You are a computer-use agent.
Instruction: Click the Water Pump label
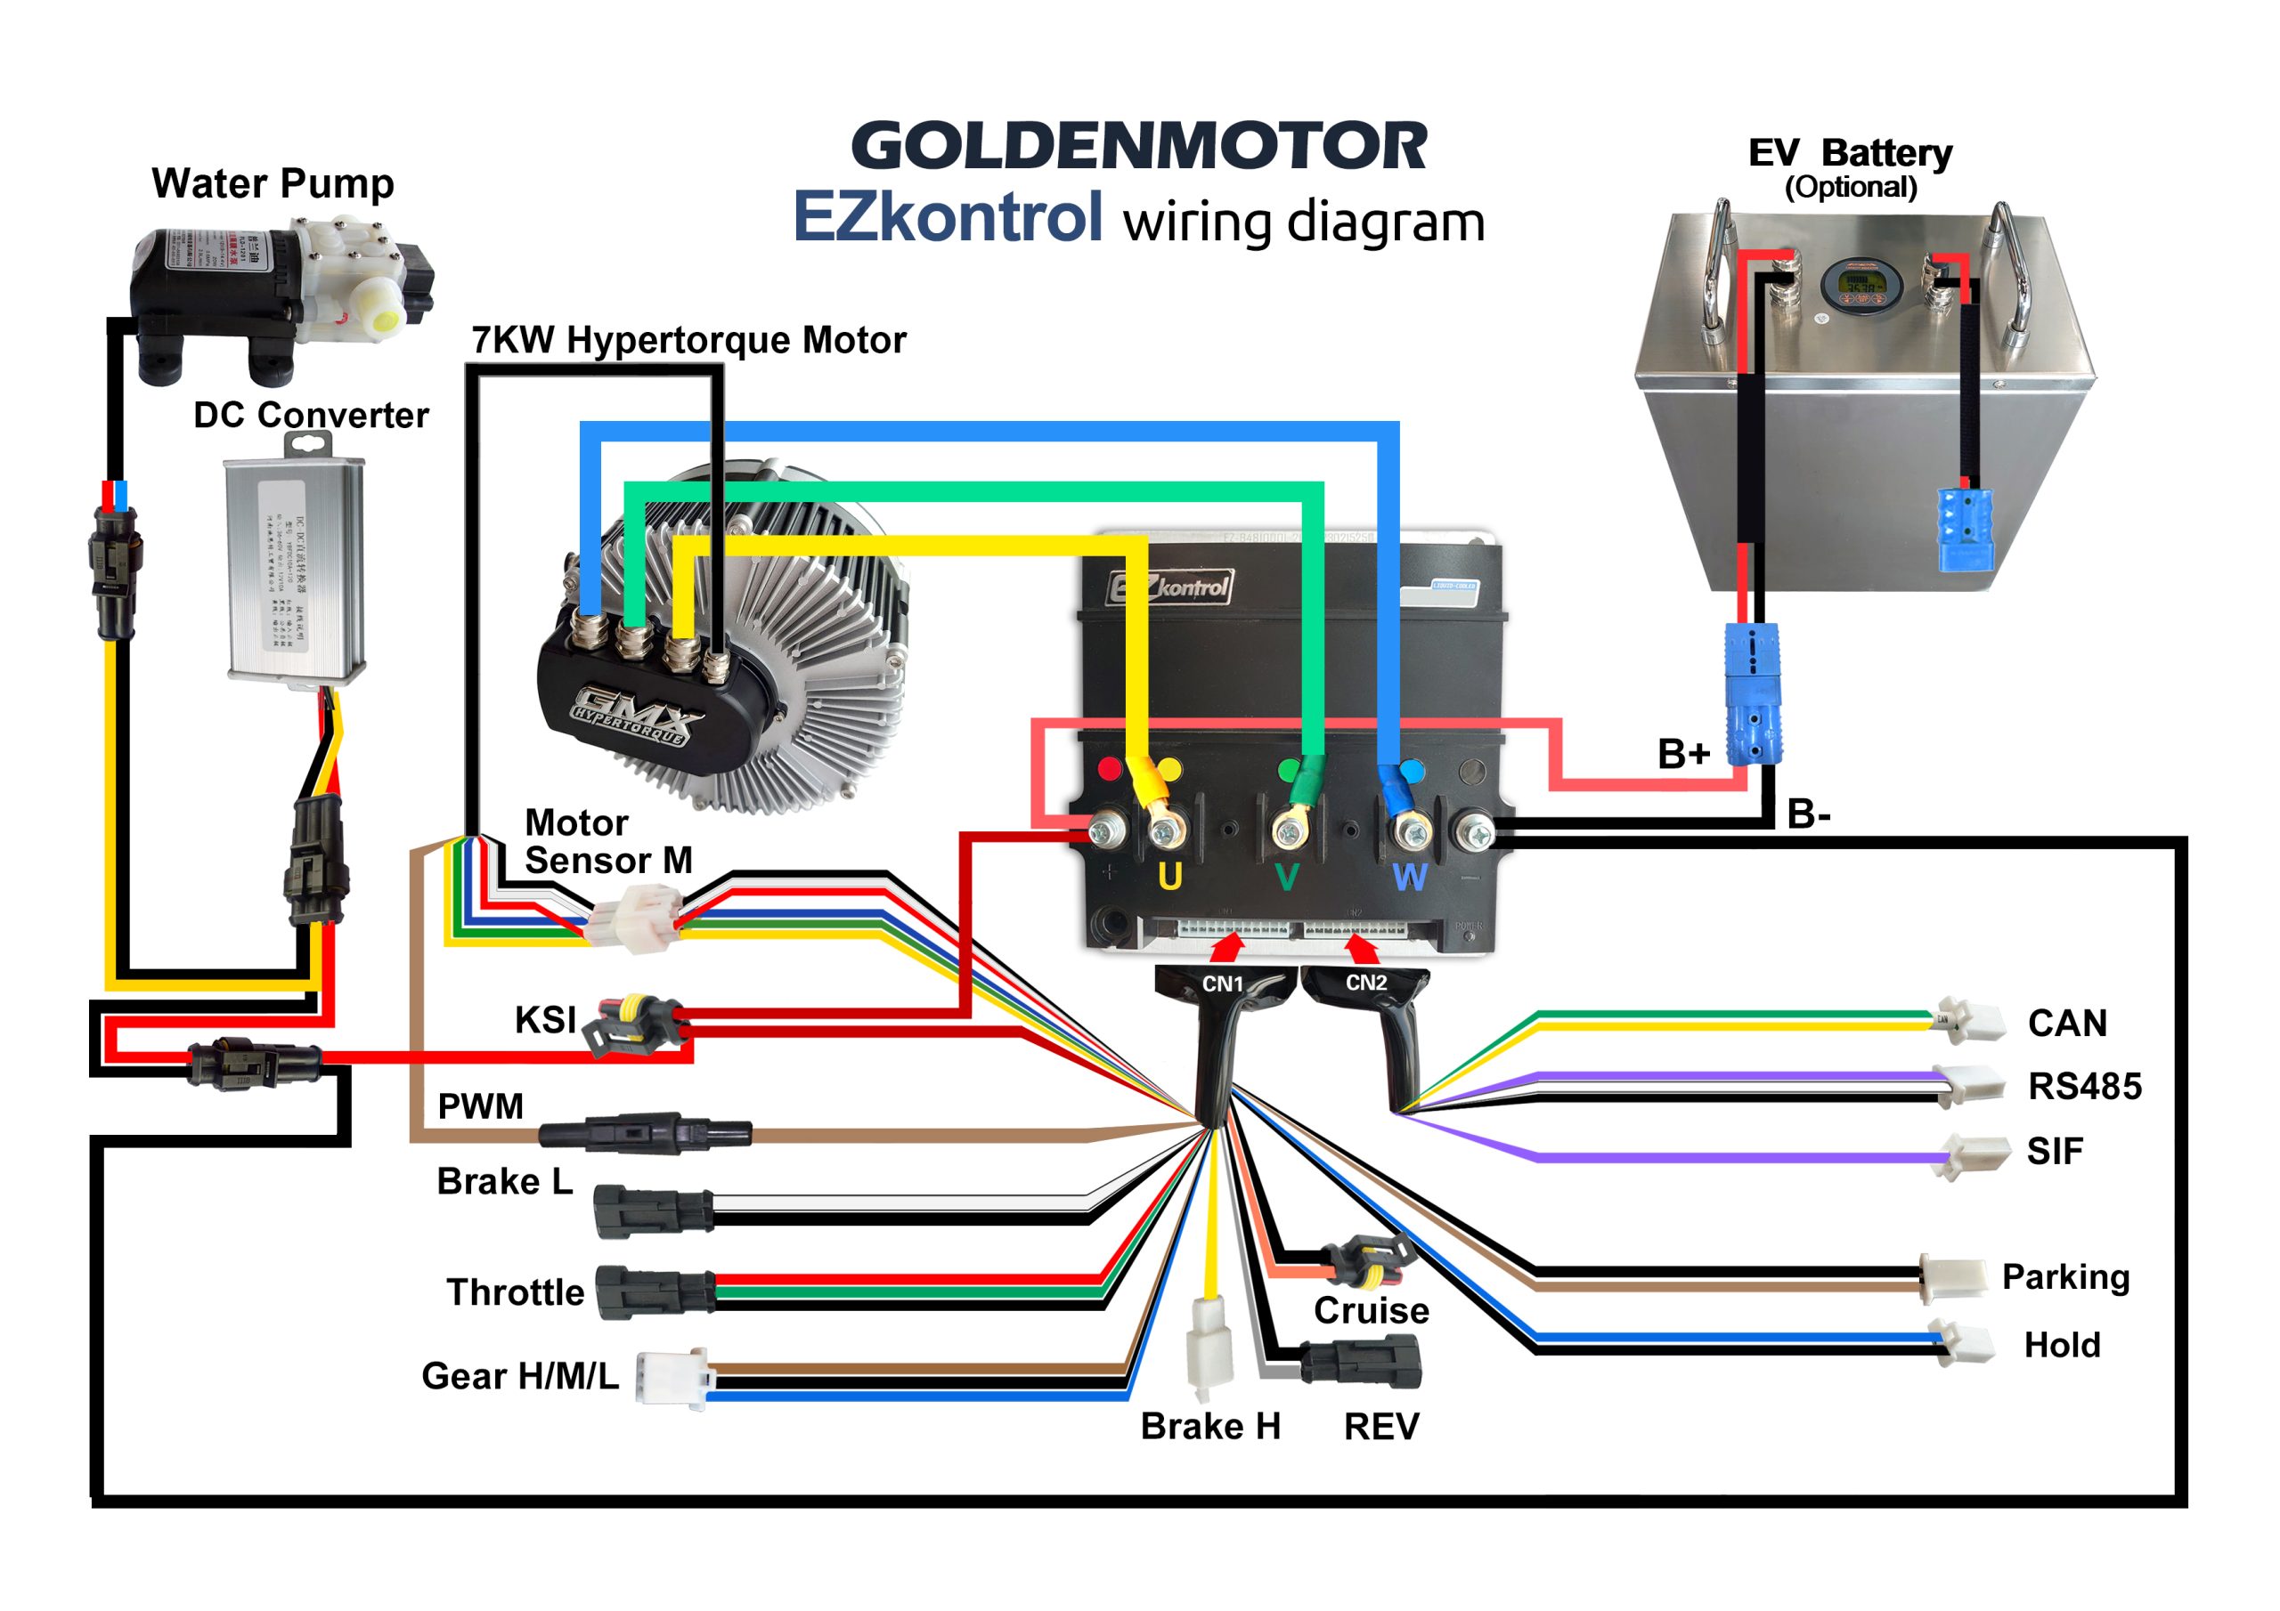point(273,184)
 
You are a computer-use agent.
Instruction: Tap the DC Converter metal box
point(295,570)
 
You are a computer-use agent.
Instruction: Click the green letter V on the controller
point(1286,878)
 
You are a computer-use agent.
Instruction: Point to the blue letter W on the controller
point(1410,878)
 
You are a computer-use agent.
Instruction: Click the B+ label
point(1683,755)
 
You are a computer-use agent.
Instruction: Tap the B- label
point(1808,815)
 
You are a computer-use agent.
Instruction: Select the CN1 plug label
point(1223,984)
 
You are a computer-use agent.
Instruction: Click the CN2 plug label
point(1365,983)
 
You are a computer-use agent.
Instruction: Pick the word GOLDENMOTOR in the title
point(1139,146)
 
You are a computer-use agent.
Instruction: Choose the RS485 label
point(2084,1086)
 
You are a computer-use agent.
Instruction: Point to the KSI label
point(545,1019)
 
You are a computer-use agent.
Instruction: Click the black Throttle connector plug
point(654,1291)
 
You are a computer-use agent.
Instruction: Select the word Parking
point(2065,1276)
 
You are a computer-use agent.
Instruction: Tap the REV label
point(1380,1427)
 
